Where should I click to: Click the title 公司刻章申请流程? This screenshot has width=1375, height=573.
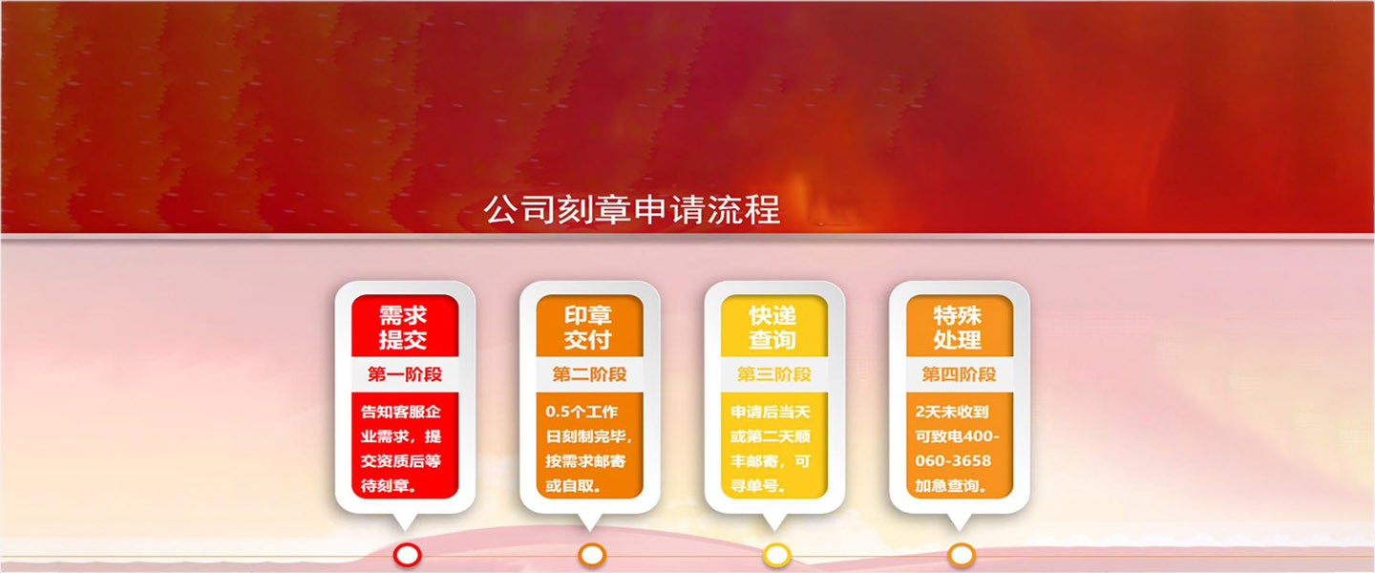pos(632,209)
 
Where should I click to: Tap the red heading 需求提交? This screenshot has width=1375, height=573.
pos(403,328)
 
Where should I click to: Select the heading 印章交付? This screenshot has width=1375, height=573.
pos(588,328)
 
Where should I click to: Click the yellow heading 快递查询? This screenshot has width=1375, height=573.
pos(772,328)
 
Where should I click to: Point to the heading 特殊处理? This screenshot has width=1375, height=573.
pos(958,328)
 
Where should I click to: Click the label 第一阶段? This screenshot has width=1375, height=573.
pos(405,374)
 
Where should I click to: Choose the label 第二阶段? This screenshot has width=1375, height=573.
pos(589,374)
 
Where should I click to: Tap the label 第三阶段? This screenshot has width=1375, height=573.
pos(774,374)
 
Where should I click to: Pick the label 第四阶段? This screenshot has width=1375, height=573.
pos(959,374)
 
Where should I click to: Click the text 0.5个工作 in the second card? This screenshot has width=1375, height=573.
pos(582,412)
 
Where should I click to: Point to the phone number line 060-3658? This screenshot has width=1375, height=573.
pos(953,460)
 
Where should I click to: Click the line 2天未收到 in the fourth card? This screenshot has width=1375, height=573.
pos(951,412)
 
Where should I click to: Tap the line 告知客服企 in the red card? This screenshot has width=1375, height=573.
pos(400,412)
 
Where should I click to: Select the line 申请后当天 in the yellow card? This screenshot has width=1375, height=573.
pos(771,412)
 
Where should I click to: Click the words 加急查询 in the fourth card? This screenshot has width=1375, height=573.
pos(946,486)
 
